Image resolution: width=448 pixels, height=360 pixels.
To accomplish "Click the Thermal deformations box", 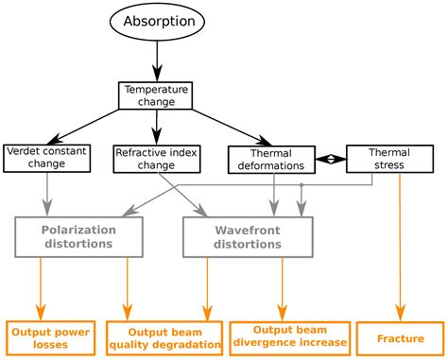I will [271, 158].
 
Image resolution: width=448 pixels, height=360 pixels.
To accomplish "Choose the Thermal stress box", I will [389, 158].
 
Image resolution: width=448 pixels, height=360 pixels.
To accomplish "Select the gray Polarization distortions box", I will [78, 235].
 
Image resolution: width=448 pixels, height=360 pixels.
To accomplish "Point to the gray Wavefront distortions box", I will [246, 235].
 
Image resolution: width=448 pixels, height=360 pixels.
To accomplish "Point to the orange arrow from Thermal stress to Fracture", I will [402, 246].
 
